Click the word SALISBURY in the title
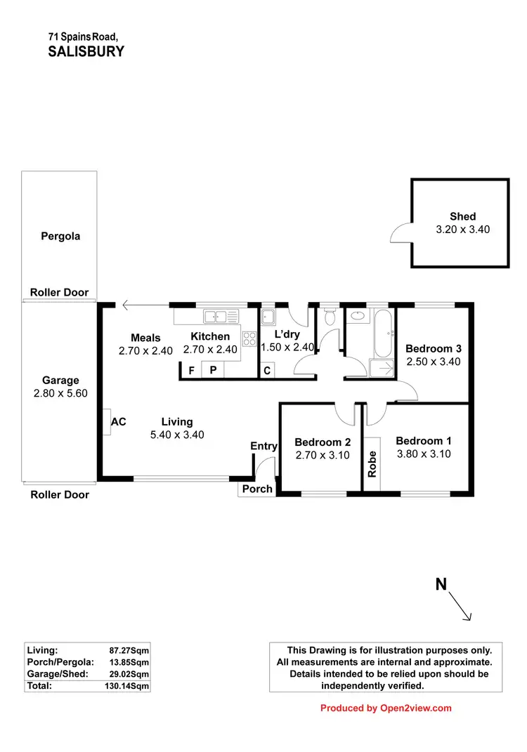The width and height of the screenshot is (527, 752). [86, 51]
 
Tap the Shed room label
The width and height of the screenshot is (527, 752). [462, 216]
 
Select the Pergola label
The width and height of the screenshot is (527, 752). [60, 237]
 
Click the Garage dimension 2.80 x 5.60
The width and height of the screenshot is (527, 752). [60, 394]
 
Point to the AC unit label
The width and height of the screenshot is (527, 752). [119, 422]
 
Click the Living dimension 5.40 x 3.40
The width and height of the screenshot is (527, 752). [177, 435]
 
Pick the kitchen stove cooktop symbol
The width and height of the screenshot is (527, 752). [249, 338]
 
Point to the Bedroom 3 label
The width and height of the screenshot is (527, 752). [434, 349]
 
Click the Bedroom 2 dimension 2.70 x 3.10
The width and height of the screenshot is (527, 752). [321, 455]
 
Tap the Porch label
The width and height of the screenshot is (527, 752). [257, 489]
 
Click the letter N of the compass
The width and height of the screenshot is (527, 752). [441, 584]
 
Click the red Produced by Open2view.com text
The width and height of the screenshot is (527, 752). [386, 708]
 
